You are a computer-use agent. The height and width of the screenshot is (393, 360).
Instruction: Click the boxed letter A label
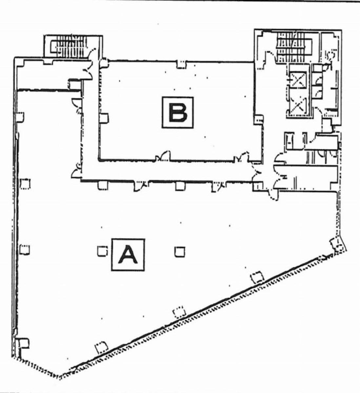128,255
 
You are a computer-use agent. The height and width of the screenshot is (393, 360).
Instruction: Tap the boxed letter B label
178,112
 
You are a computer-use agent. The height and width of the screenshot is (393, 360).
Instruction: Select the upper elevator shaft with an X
298,80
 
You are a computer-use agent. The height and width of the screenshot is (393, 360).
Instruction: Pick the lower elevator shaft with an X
298,105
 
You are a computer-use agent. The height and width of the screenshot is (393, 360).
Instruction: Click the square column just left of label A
102,251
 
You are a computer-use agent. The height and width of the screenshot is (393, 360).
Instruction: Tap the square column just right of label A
180,252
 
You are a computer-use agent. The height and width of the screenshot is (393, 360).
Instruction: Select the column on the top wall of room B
182,64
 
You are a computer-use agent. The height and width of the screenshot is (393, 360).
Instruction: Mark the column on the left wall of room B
104,118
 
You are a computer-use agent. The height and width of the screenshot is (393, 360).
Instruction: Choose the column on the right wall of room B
258,120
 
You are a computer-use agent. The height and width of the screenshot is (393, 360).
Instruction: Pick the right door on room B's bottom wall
242,157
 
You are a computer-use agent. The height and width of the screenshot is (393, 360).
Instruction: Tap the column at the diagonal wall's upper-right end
337,245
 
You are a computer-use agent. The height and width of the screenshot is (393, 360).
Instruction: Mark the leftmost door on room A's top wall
140,186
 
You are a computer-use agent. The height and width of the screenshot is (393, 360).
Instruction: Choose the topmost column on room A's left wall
20,117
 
